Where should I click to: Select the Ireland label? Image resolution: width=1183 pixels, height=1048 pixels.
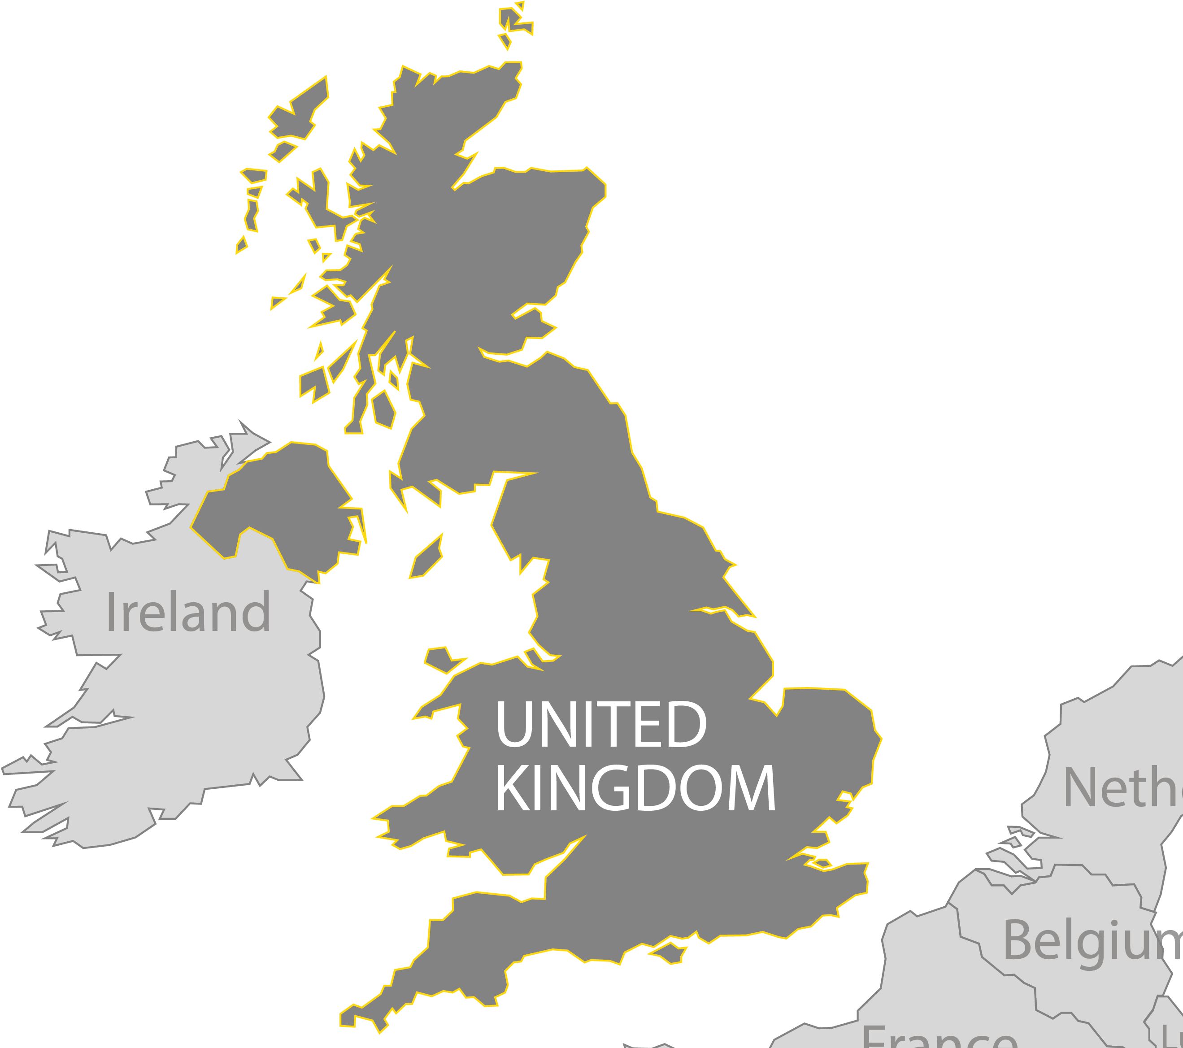[188, 612]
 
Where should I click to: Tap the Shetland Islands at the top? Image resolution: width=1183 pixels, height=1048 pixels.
[512, 23]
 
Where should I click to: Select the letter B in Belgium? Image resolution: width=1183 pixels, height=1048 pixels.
[1020, 940]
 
